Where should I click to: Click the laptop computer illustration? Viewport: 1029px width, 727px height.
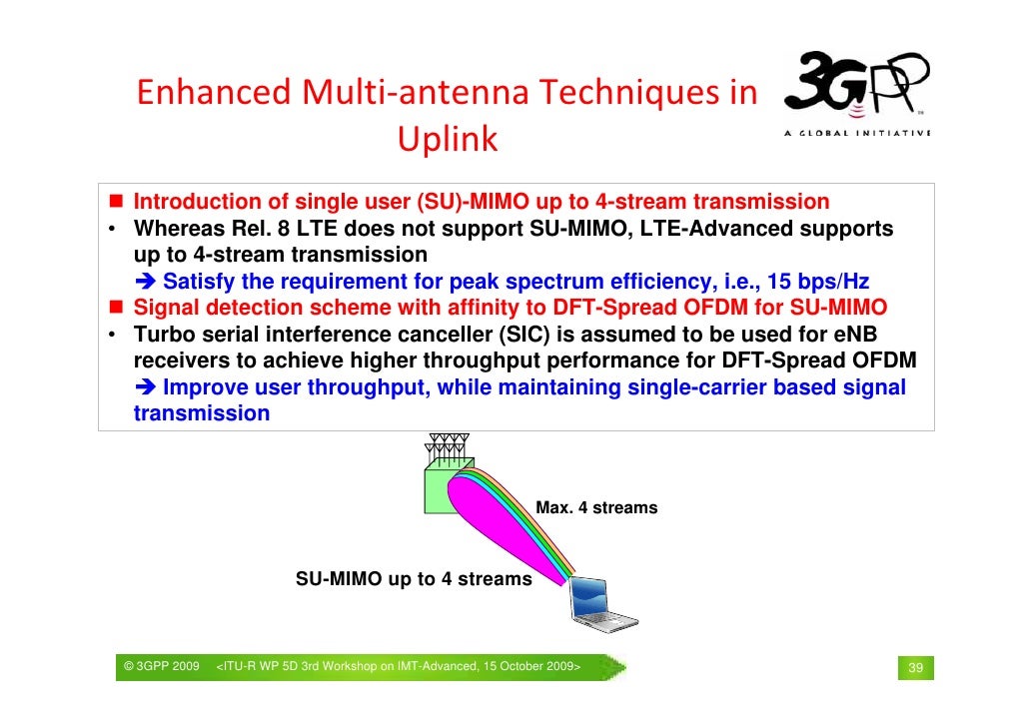pos(603,604)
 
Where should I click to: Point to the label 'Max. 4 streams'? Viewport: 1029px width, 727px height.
pos(596,508)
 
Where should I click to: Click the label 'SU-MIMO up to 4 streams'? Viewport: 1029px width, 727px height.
pos(414,579)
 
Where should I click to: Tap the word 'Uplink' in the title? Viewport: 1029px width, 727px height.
pos(447,140)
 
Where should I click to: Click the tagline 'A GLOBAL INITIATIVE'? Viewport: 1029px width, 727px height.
pos(857,134)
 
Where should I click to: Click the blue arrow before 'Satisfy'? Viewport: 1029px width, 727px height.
pos(146,281)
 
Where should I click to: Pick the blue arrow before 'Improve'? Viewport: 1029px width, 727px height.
pos(146,387)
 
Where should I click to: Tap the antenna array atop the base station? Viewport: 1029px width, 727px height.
pos(447,445)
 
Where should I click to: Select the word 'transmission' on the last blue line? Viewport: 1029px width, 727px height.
pos(202,413)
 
